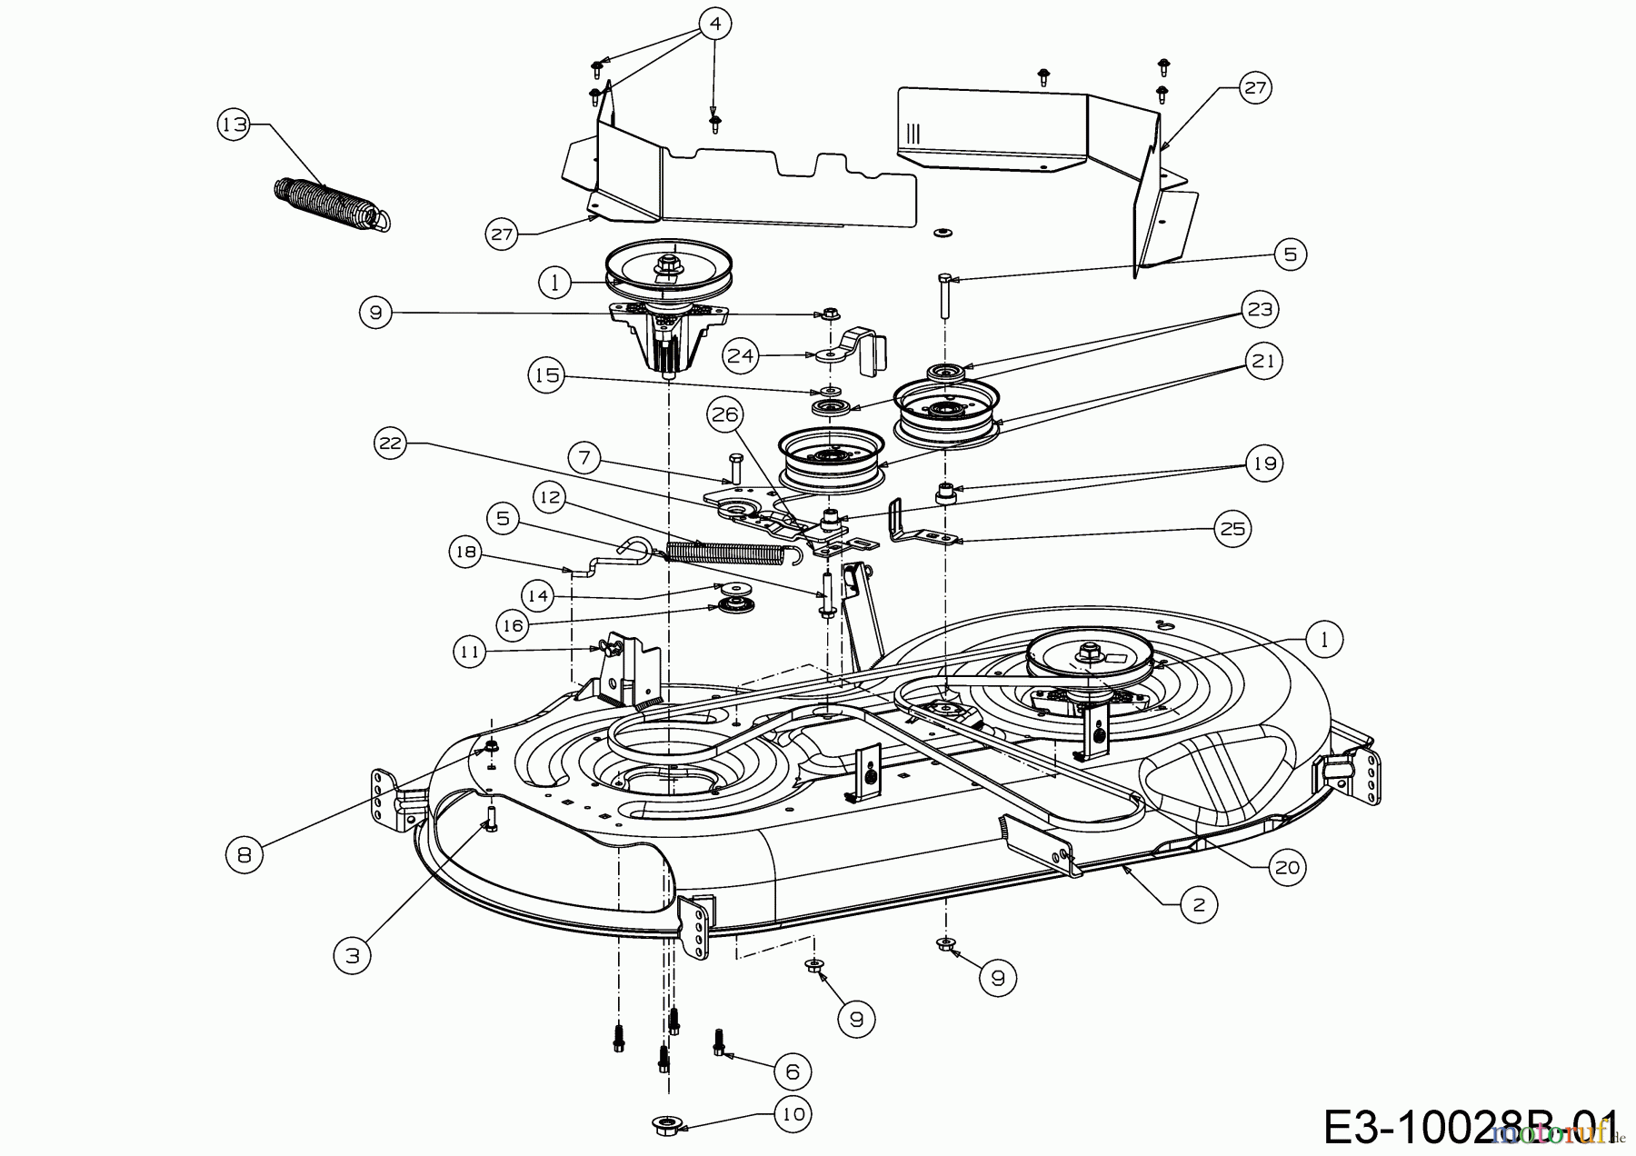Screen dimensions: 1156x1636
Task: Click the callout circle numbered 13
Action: (x=234, y=125)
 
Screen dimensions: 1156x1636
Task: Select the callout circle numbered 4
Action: (x=715, y=25)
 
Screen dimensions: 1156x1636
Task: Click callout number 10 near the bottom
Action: (x=793, y=1114)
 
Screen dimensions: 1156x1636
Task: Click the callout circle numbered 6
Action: (x=792, y=1072)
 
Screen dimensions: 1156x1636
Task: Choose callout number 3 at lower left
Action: (x=352, y=955)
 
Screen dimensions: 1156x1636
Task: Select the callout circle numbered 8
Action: (x=244, y=854)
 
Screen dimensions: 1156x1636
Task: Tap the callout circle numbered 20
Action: (x=1287, y=868)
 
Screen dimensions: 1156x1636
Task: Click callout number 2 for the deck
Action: (x=1198, y=904)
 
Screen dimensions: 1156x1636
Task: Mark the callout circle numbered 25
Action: (x=1232, y=529)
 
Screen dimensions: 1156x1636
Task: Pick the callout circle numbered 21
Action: (x=1264, y=361)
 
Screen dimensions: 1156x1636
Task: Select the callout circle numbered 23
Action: (x=1260, y=309)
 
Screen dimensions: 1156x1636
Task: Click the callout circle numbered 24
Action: (x=742, y=356)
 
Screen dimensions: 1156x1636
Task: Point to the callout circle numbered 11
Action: (x=471, y=652)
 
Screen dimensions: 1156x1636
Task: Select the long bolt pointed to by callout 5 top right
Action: (x=944, y=296)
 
